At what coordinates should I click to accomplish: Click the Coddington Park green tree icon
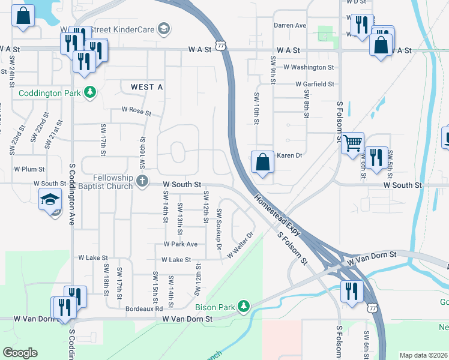[x=90, y=92]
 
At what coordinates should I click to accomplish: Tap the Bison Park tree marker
[x=243, y=307]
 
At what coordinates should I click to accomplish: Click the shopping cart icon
[x=352, y=143]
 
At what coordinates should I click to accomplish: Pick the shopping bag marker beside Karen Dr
[x=262, y=162]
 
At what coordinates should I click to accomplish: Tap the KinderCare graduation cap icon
[x=163, y=29]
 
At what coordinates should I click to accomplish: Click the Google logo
[x=20, y=352]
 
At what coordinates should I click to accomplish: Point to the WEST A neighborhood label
[x=146, y=87]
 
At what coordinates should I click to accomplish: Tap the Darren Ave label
[x=290, y=26]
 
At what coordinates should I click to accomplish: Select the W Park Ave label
[x=181, y=244]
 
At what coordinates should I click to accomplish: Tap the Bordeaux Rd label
[x=144, y=308]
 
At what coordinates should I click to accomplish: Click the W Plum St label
[x=30, y=169]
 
